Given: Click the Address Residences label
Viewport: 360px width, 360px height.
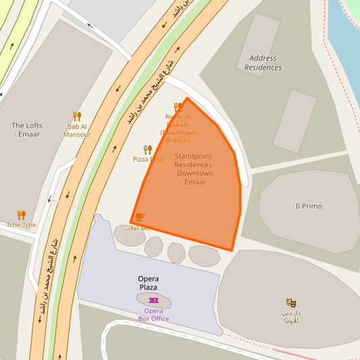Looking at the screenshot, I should click(x=262, y=63).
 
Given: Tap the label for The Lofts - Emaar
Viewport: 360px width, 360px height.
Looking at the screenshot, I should click(x=27, y=130).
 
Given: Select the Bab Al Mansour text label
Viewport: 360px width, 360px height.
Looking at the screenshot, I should click(x=77, y=130).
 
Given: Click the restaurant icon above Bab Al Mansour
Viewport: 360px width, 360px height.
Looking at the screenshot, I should click(x=77, y=116).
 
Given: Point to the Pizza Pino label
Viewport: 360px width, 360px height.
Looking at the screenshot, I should click(x=148, y=159).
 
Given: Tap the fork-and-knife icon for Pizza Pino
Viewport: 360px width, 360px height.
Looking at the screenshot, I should click(x=147, y=149).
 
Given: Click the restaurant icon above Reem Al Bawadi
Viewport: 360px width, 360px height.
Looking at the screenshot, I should click(x=178, y=107).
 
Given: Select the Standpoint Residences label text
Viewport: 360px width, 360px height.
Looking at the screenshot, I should click(x=193, y=169).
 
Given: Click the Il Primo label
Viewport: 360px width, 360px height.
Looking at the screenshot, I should click(x=309, y=206).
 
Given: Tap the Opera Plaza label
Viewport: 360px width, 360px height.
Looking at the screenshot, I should click(x=149, y=283).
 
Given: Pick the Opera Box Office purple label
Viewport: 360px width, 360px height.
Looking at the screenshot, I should click(x=153, y=315).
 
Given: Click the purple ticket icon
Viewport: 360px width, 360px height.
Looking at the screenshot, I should click(x=153, y=301).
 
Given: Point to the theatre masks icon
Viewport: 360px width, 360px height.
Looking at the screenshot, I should click(x=291, y=303).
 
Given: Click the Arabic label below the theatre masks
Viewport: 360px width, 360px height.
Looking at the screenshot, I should click(x=291, y=317).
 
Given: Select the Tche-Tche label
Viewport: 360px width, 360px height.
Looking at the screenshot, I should click(x=22, y=225).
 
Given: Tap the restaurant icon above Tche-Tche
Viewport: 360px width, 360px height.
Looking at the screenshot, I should click(x=22, y=215).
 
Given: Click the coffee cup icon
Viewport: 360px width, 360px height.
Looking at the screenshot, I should click(x=140, y=217).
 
